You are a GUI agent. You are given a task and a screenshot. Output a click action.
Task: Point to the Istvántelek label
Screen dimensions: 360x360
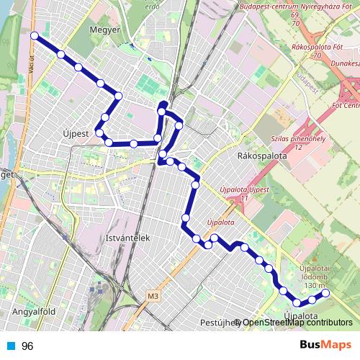point(127,237)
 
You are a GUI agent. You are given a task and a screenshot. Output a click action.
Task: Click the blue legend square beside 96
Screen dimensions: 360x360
point(10,346)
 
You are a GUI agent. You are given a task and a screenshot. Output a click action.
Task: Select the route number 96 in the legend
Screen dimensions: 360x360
point(27,346)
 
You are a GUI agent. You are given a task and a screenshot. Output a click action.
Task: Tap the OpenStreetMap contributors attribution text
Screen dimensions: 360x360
point(297,322)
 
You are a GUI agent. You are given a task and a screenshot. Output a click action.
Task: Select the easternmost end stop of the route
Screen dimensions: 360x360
point(325,293)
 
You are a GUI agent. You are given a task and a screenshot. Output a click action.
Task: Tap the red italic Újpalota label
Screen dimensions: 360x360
point(220,222)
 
